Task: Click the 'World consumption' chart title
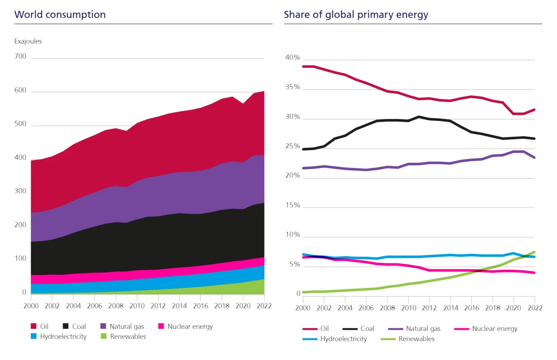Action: point(60,15)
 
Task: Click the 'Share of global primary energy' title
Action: point(356,15)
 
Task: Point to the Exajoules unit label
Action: point(28,41)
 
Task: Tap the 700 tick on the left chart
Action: point(20,56)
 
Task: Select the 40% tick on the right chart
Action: point(292,58)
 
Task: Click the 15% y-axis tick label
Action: point(292,205)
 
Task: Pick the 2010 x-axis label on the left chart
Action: point(136,306)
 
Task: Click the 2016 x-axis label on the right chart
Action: point(471,308)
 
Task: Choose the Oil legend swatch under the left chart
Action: point(33,326)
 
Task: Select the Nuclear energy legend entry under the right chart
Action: point(495,328)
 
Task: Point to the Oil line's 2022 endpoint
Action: point(535,109)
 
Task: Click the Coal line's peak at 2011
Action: point(419,116)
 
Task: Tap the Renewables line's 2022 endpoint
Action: point(535,252)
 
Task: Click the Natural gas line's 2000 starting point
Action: point(303,168)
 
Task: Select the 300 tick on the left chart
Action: point(20,191)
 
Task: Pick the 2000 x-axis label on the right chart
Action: point(303,308)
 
